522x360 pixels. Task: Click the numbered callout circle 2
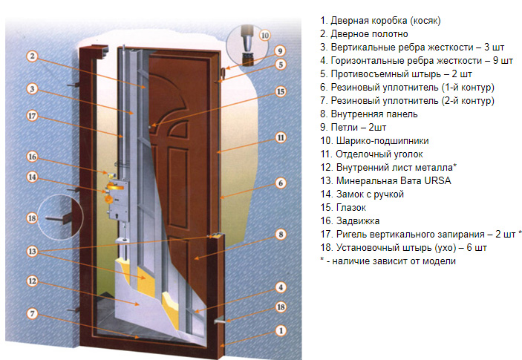point(33,56)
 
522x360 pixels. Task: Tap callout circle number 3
point(33,89)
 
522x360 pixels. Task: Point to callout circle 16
point(33,157)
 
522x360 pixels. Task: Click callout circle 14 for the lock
point(33,177)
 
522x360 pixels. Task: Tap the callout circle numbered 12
point(33,281)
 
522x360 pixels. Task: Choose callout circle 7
point(33,312)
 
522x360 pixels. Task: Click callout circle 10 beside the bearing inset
point(265,35)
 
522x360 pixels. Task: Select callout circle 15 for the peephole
point(280,92)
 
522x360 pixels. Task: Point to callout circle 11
point(280,137)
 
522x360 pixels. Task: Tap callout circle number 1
point(280,330)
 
